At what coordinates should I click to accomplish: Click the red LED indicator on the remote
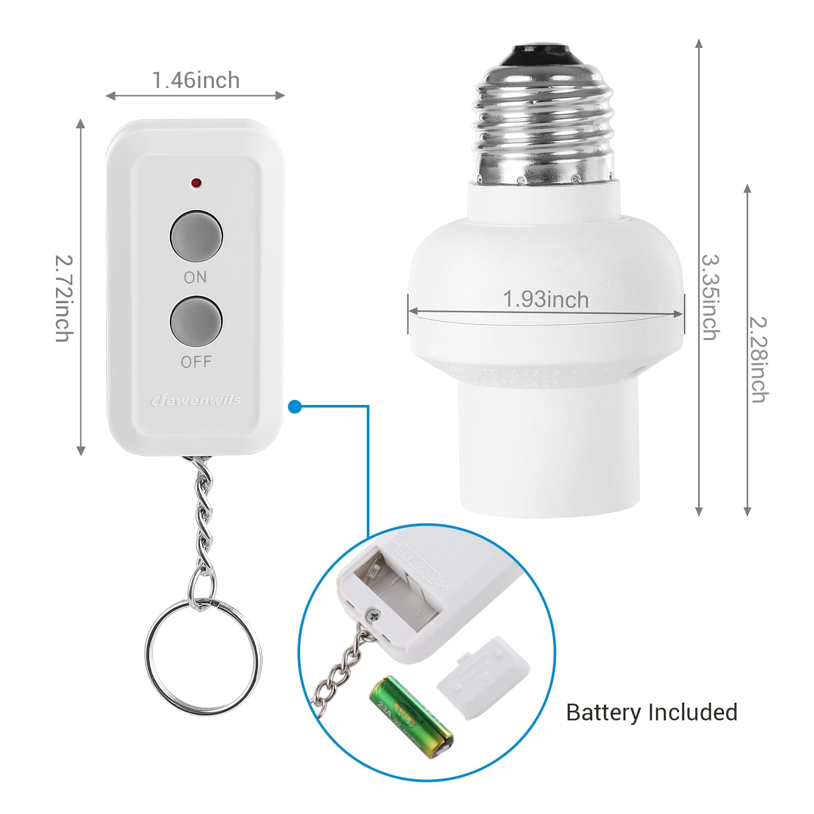coord(196,182)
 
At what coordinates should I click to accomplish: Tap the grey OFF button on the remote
coord(196,322)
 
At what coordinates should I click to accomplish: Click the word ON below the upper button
coord(195,277)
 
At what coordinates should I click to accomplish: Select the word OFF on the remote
coord(196,362)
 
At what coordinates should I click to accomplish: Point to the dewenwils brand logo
coord(196,400)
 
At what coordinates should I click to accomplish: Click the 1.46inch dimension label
coord(196,80)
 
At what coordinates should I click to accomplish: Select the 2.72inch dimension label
coord(64,298)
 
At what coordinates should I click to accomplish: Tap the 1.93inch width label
coord(545,299)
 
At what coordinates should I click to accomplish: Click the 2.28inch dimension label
coord(759,359)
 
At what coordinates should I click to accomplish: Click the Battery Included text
coord(651,712)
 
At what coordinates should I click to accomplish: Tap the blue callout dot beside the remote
coord(295,406)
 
